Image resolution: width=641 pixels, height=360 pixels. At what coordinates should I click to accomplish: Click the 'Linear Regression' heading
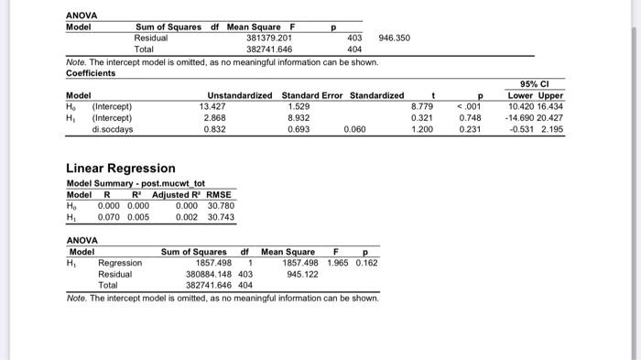point(120,169)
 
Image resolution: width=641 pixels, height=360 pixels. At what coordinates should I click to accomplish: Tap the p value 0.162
point(365,263)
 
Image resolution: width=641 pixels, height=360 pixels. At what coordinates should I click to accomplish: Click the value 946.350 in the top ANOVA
point(395,38)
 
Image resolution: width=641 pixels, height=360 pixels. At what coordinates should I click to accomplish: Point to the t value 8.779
point(422,106)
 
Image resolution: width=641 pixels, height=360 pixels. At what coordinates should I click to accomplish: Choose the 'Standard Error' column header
point(312,95)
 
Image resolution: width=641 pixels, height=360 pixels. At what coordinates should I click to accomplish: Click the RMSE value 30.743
point(221,217)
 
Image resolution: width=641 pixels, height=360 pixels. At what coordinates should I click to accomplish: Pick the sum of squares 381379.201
point(268,38)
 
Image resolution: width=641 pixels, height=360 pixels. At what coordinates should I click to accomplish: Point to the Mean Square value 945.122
point(302,274)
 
